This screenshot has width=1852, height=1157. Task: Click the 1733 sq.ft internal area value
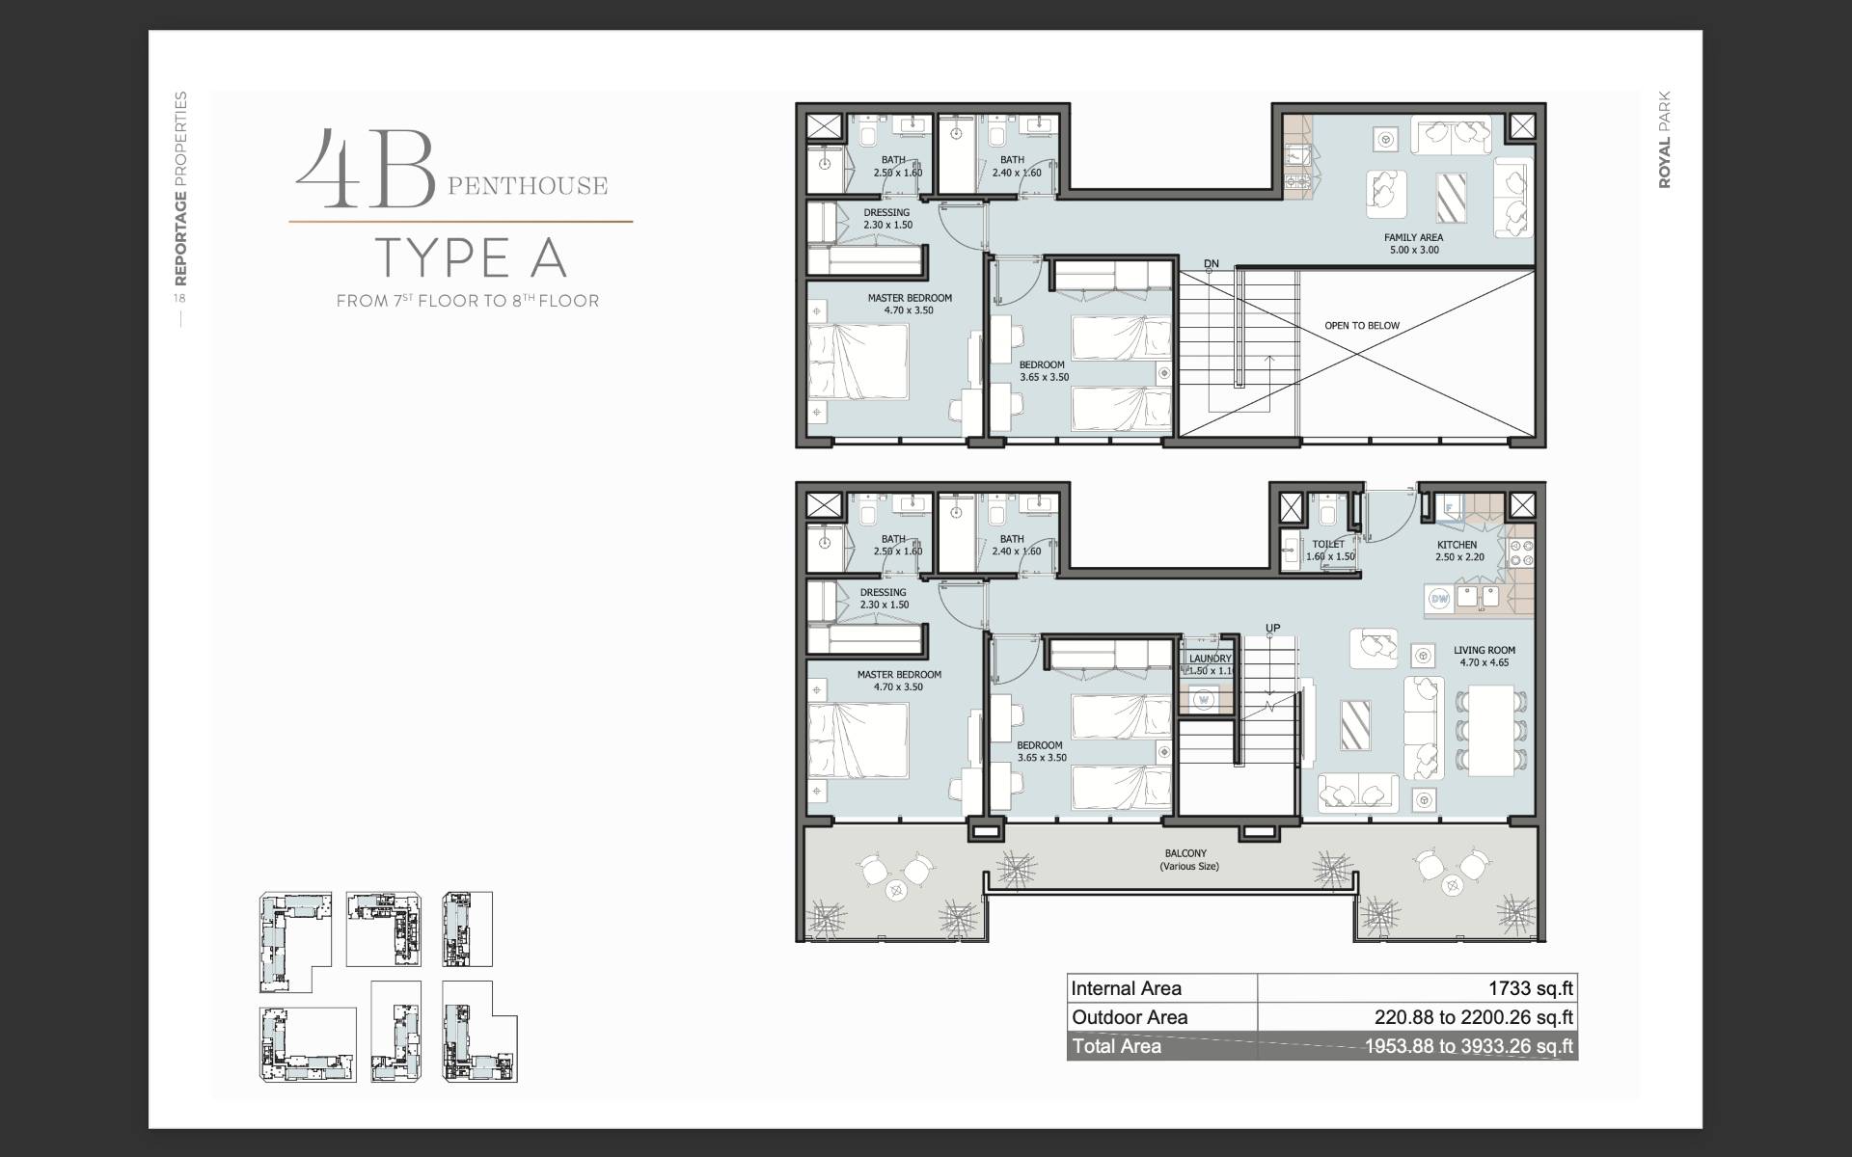pos(1530,988)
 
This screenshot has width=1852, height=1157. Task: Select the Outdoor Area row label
pos(1130,1017)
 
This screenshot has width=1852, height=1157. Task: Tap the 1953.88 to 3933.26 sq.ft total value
pos(1468,1046)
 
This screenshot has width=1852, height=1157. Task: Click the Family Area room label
pos(1413,237)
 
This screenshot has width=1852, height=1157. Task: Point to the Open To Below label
pos(1361,326)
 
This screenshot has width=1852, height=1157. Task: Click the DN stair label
pos(1212,264)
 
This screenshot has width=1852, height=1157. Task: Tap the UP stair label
pos(1273,629)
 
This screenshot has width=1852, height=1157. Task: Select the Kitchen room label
pos(1457,545)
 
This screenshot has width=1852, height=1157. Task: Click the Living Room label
pos(1484,651)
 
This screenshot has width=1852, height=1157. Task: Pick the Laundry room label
pos(1211,659)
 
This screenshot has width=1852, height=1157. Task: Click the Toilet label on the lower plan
pos(1328,545)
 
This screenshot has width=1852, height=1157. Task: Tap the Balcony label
pos(1185,853)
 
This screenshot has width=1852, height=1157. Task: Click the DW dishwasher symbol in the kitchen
pos(1439,599)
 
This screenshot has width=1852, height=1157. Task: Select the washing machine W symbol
pos(1203,699)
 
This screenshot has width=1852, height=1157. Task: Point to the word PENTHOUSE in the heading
pos(528,185)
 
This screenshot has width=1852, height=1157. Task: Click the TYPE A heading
pos(470,257)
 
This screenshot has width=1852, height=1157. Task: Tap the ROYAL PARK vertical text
pos(1665,140)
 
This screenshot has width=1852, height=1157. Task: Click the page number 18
pos(179,298)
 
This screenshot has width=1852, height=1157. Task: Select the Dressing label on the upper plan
pos(886,213)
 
